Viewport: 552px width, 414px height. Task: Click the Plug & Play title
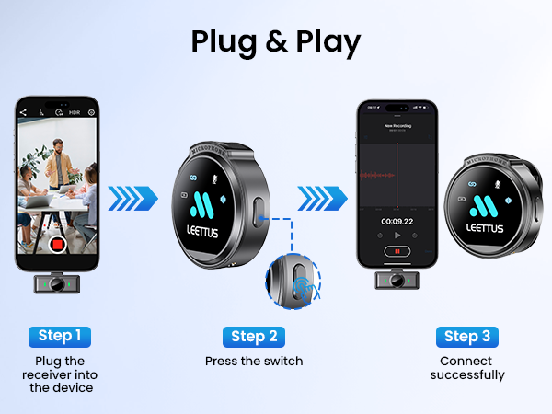(x=276, y=40)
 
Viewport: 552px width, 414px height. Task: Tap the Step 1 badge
(x=64, y=336)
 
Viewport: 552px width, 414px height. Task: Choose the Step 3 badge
(x=473, y=336)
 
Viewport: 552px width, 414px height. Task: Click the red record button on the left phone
(x=57, y=246)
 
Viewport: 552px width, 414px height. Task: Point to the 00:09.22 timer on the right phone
(x=397, y=221)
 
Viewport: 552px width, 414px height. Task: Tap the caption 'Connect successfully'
(x=473, y=368)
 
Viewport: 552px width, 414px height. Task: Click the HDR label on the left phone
(x=75, y=112)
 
